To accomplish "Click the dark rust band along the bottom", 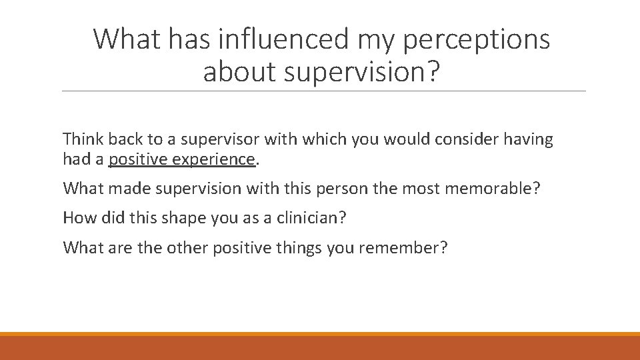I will [x=320, y=348].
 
